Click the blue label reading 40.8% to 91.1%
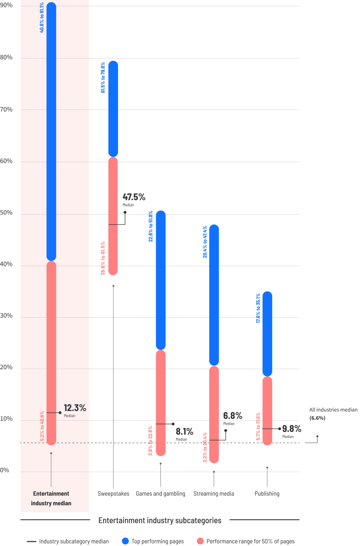42,18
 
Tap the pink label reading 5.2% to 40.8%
42,426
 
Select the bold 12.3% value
75,408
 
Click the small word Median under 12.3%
69,416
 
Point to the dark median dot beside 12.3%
60,413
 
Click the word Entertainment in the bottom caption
51,494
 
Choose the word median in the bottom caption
63,503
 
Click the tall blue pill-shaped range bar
51,132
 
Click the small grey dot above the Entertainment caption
51,453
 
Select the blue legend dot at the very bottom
126,541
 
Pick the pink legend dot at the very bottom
201,541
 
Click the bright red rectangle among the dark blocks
187,359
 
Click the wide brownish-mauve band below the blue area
238,177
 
